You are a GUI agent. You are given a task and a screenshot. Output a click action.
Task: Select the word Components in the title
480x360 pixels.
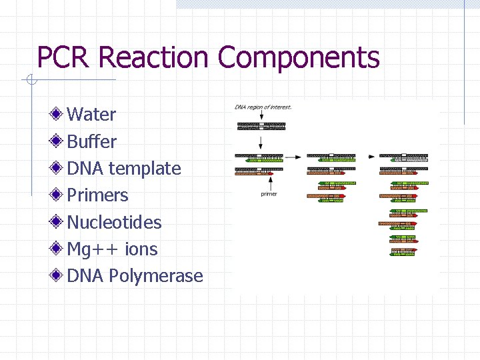(x=299, y=59)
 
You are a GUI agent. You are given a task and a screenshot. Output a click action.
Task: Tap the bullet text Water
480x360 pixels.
(x=91, y=115)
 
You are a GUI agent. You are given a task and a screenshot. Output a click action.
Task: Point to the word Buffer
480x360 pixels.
(x=92, y=141)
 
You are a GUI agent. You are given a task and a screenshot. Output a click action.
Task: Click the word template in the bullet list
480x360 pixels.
(x=145, y=169)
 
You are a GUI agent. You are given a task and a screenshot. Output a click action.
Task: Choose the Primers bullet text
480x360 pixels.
(x=97, y=195)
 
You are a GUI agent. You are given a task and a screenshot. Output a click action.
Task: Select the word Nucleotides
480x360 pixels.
(x=114, y=222)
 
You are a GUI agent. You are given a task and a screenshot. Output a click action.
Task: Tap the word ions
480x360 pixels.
(x=141, y=249)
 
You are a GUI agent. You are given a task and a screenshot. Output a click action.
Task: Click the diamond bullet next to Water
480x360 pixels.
(x=59, y=115)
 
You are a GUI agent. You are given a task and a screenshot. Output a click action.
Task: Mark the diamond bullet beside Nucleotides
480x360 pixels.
(x=59, y=222)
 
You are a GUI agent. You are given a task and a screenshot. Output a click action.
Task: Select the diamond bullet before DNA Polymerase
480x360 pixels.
(x=59, y=276)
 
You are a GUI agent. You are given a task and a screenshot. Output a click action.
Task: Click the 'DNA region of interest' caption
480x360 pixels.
(x=263, y=107)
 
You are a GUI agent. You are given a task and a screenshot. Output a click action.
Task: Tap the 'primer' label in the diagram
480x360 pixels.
(x=269, y=194)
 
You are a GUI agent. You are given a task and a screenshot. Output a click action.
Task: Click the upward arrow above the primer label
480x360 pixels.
(x=270, y=181)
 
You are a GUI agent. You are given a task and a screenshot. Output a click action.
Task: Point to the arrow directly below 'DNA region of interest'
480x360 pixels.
(x=261, y=116)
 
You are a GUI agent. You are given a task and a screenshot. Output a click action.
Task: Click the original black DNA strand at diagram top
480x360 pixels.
(x=261, y=126)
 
